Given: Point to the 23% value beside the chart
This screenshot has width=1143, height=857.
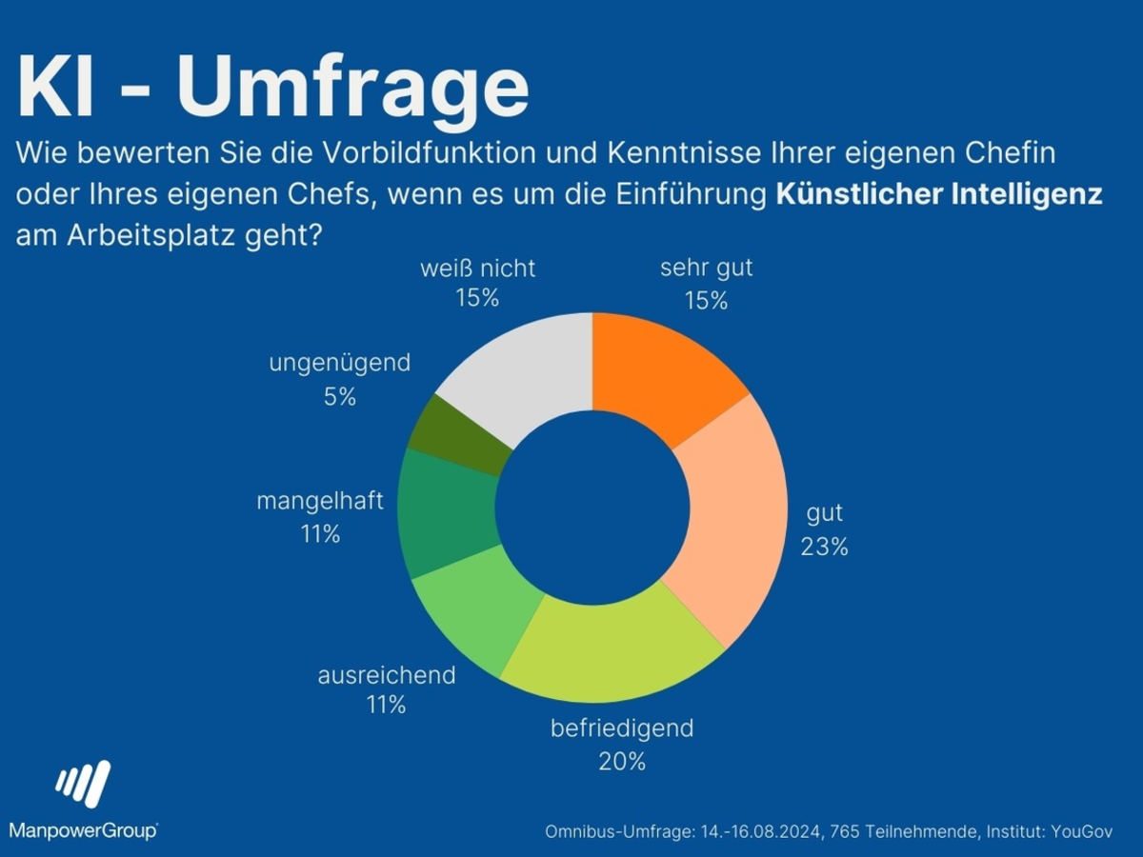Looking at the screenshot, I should coord(825,548).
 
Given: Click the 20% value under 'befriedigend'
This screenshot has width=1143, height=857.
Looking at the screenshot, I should coord(622,762).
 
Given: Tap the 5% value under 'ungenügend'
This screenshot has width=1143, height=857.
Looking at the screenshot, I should coord(339,397).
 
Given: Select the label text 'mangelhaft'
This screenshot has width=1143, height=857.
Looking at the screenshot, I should coord(320,501).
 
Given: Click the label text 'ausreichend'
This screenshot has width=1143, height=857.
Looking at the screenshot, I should coord(387,676).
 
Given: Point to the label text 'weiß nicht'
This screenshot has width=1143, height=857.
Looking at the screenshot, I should coord(477,269).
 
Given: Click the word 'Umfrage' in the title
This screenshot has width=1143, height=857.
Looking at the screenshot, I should coord(352,88).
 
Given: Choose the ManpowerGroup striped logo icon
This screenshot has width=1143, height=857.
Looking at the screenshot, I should coord(83,785).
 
